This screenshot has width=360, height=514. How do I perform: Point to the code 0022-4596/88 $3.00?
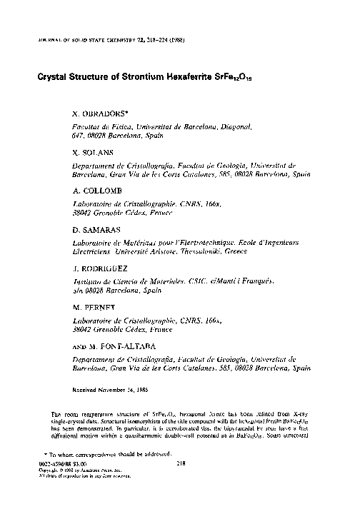60,483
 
